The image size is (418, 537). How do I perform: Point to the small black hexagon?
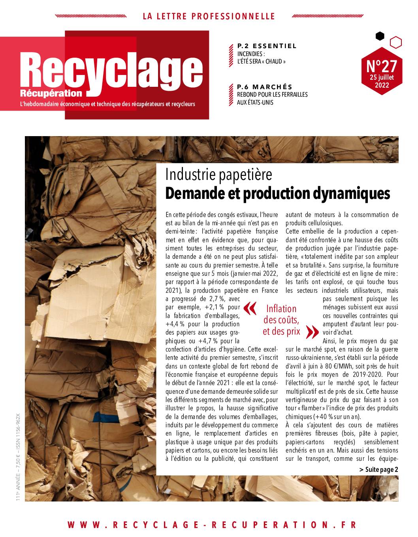(380, 36)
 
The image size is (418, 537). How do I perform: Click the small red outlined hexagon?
(396, 41)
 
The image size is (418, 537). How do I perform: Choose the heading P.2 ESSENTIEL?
(267, 46)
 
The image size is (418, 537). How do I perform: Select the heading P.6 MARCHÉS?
(265, 87)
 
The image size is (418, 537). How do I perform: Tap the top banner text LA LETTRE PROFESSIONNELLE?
(209, 16)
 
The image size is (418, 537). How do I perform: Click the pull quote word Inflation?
(281, 309)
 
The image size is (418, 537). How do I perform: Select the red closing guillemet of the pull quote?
(312, 332)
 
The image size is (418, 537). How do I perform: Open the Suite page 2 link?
(378, 469)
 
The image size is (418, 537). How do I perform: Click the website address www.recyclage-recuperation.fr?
(212, 525)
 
